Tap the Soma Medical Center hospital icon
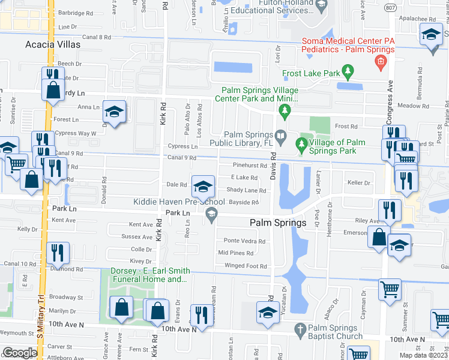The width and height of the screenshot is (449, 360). (x=379, y=62)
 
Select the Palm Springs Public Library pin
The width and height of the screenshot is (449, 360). (x=280, y=137)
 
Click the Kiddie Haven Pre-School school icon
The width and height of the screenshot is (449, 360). (x=203, y=187)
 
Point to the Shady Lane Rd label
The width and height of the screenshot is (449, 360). (x=246, y=190)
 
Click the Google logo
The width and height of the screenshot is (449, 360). (x=19, y=353)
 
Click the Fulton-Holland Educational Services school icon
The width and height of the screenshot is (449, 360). (x=321, y=5)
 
